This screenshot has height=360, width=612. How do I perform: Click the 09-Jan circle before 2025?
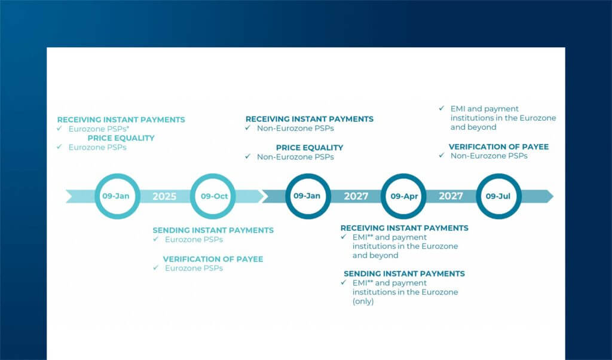click(117, 196)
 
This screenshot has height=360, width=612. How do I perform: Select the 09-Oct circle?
click(212, 196)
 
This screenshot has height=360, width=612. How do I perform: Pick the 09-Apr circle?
click(403, 196)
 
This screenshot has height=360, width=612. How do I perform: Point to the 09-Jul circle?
click(498, 196)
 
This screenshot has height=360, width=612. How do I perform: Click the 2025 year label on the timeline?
click(164, 196)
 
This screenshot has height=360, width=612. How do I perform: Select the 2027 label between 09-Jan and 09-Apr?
click(356, 196)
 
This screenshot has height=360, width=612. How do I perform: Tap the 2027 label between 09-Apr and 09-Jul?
click(451, 196)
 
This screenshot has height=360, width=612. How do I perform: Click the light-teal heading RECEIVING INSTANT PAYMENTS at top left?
click(121, 120)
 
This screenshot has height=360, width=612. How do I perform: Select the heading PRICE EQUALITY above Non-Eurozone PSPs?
click(310, 148)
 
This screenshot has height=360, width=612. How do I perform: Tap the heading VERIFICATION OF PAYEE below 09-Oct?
click(213, 259)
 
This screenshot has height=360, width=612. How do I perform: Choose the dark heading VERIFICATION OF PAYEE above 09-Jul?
click(498, 147)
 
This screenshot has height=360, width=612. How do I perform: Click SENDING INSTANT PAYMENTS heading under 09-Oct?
click(213, 230)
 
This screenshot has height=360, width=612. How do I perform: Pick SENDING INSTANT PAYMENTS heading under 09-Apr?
click(404, 273)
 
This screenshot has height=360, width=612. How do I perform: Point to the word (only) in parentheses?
click(363, 301)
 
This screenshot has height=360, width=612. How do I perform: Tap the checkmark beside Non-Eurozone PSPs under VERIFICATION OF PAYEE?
click(442, 155)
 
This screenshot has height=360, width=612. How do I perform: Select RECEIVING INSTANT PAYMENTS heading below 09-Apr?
click(404, 228)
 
